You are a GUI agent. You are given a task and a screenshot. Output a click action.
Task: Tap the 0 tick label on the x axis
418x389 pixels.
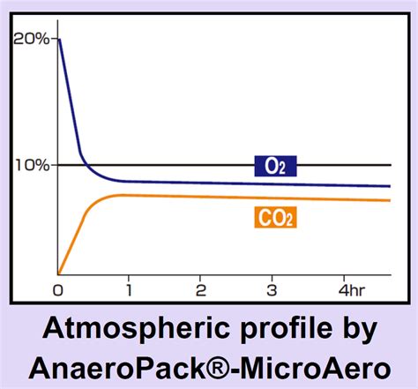coord(58,290)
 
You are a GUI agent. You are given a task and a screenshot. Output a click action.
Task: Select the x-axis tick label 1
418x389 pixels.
coord(129,290)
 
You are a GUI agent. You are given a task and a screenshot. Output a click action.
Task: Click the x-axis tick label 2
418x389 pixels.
coord(200,290)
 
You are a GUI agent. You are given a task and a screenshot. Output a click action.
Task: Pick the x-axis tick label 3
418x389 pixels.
coord(272,290)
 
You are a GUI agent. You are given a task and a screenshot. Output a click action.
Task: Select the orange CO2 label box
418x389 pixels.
coord(276,216)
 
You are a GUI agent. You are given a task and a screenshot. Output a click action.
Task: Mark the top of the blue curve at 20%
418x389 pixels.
coord(58,40)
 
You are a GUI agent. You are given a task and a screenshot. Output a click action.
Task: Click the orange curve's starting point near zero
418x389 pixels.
coord(59,273)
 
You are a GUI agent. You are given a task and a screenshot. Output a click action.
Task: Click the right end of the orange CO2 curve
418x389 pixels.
coord(390,200)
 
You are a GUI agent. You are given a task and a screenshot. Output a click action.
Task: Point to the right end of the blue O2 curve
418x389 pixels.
coord(390,186)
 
